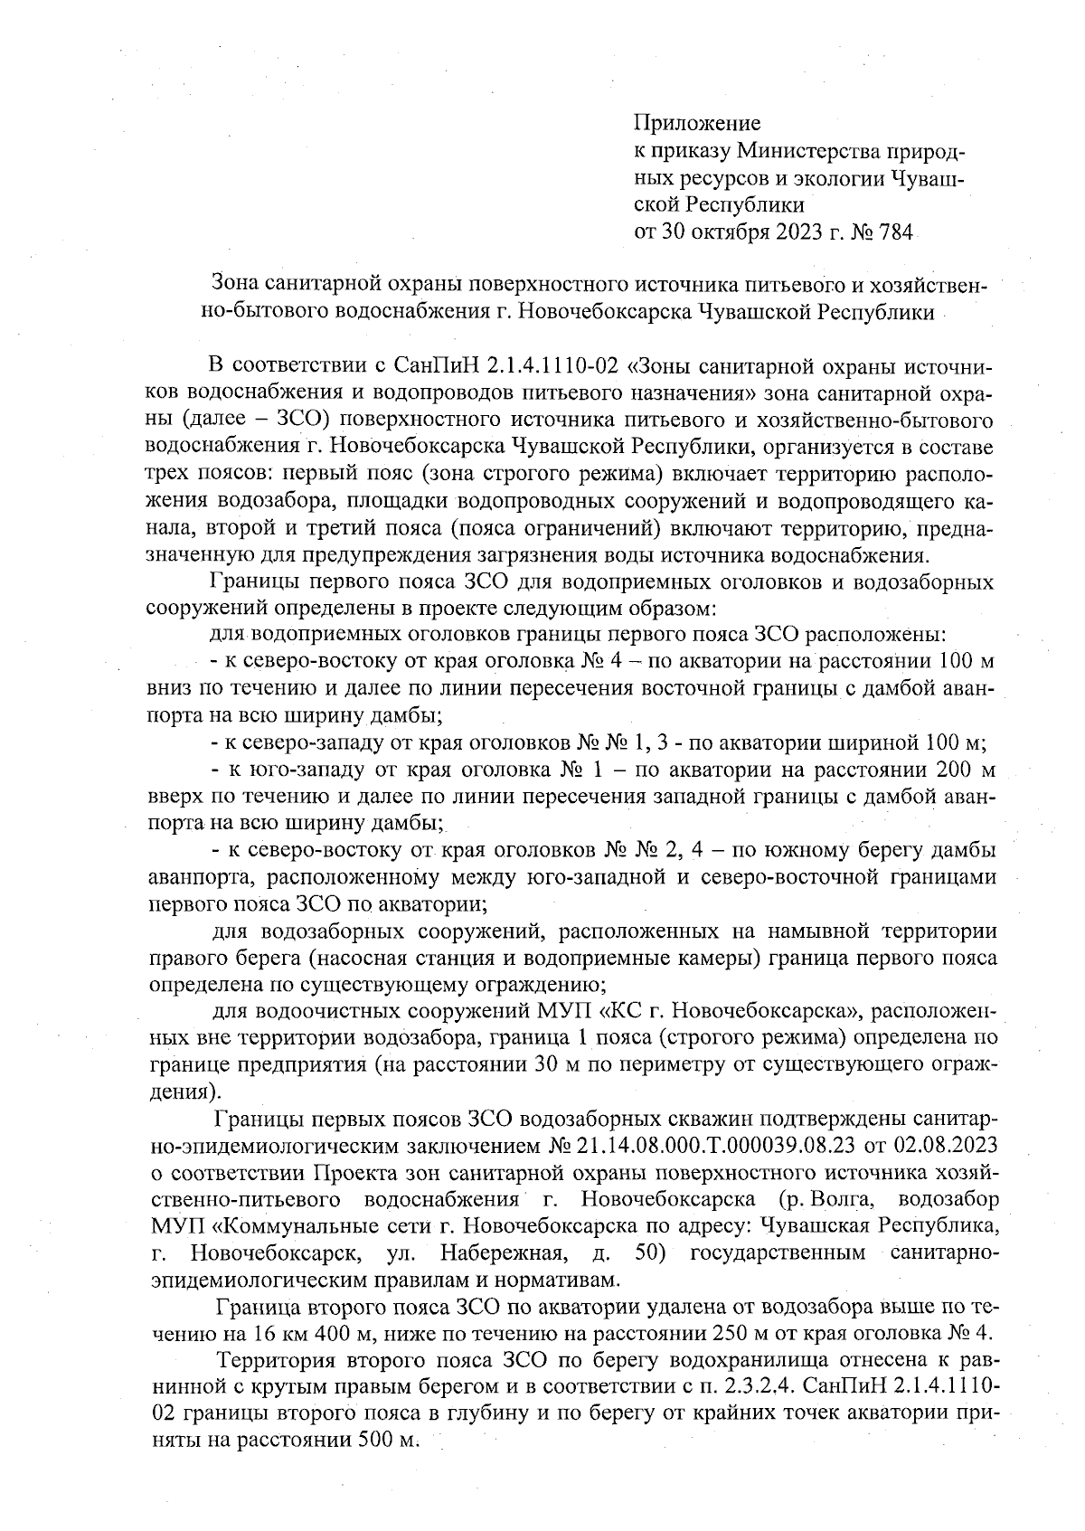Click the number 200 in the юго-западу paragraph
click(959, 770)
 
